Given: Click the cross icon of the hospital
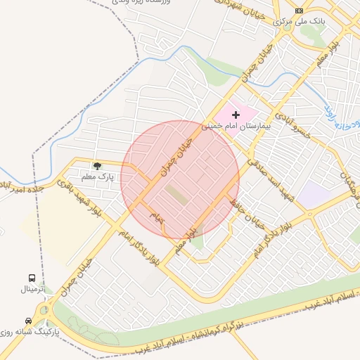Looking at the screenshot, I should (x=236, y=114).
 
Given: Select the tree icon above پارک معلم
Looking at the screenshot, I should (x=96, y=165).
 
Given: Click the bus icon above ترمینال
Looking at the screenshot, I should (x=32, y=278).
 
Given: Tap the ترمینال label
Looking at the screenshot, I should (x=31, y=289).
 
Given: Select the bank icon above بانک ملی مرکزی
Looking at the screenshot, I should (x=300, y=11).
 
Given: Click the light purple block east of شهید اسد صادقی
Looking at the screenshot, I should (x=311, y=194).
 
